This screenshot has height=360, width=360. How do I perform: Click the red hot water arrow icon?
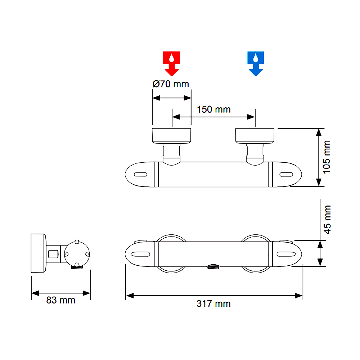coord(171,63)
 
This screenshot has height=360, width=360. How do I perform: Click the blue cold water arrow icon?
coord(256,63)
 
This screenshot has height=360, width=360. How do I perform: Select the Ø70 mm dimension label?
coord(171,84)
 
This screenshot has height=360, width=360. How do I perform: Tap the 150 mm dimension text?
coord(214,109)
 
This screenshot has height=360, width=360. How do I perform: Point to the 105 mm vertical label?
coord(326,157)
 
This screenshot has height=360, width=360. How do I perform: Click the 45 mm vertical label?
coord(327,220)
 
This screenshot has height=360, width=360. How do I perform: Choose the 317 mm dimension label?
coord(213,304)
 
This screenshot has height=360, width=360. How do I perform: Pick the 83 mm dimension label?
coord(60,300)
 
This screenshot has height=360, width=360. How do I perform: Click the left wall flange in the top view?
coord(171,136)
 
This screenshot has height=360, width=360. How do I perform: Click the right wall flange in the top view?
coord(255,136)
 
